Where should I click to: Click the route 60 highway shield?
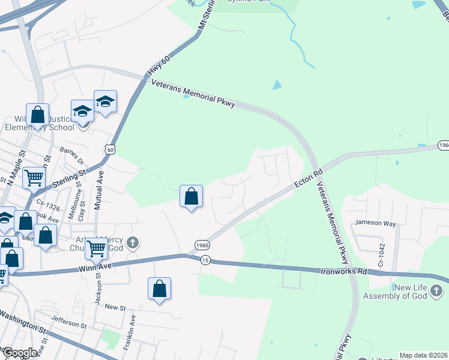pos(108,149)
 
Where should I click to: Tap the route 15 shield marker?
pos(206,260)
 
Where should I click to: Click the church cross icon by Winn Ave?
pos(133,243)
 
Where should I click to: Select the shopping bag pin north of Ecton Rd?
pos(191,196)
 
